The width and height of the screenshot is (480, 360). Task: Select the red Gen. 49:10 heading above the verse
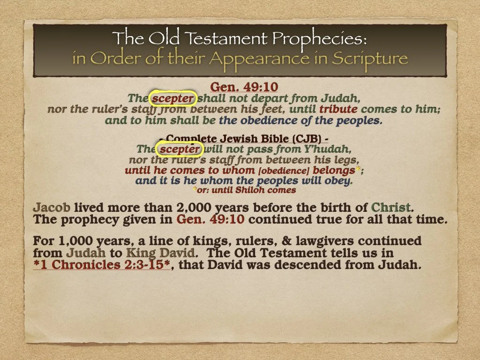[244, 87]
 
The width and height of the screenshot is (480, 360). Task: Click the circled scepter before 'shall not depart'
[172, 99]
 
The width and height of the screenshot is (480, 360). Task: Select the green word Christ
[391, 207]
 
